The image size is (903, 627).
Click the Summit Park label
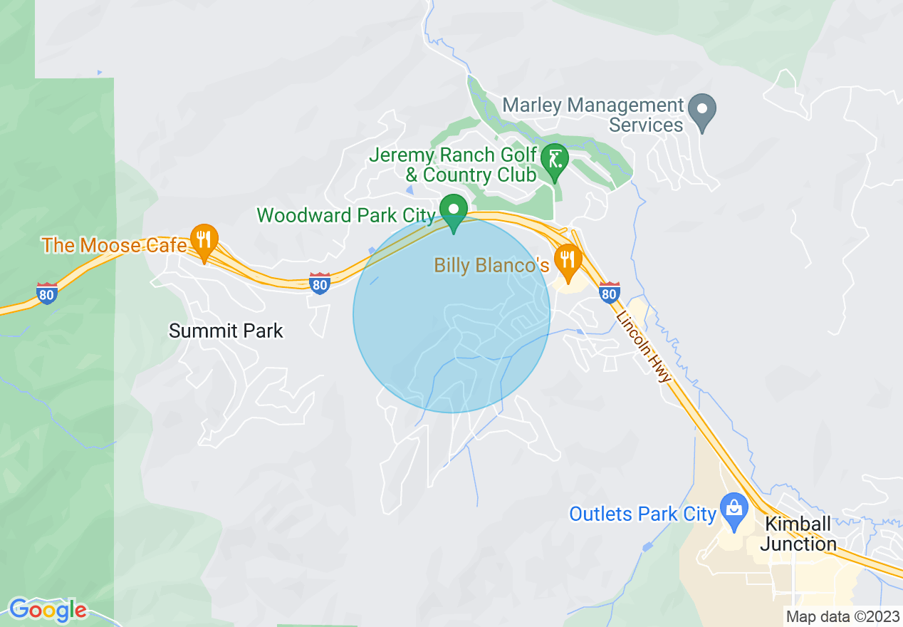click(226, 331)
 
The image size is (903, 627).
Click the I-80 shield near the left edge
click(47, 292)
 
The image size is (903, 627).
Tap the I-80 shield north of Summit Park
click(320, 284)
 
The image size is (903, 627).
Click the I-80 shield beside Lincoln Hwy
click(609, 292)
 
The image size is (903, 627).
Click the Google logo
click(48, 610)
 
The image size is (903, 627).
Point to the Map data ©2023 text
click(842, 616)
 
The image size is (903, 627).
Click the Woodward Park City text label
click(345, 215)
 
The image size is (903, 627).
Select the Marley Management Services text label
click(593, 115)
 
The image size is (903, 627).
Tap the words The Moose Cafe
click(114, 246)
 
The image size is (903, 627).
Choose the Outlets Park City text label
click(642, 514)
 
